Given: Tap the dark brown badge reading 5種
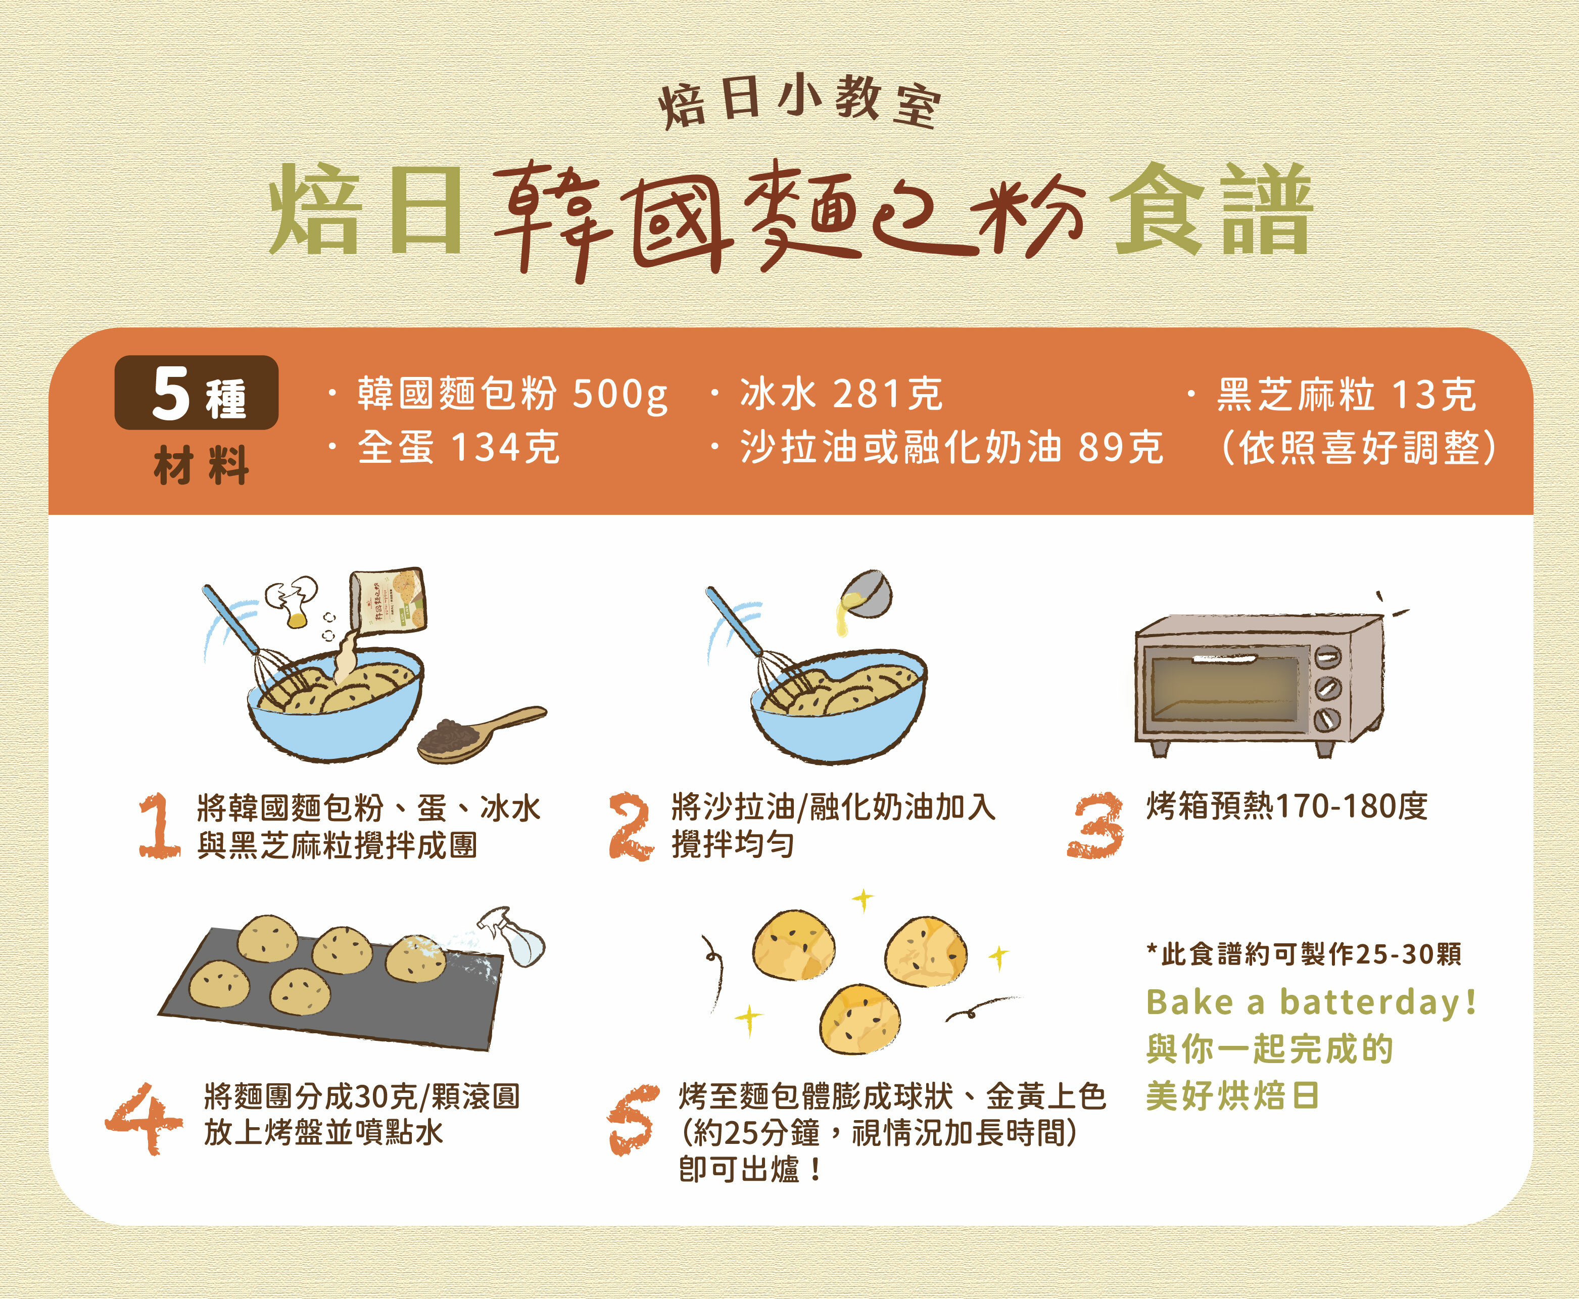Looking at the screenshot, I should (x=196, y=393).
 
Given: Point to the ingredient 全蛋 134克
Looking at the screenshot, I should (x=458, y=448).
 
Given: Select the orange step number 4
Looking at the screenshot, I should (x=143, y=1119).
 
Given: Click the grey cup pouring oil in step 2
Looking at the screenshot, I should (x=868, y=595).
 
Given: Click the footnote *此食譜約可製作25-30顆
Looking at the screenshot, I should (x=1303, y=954).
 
